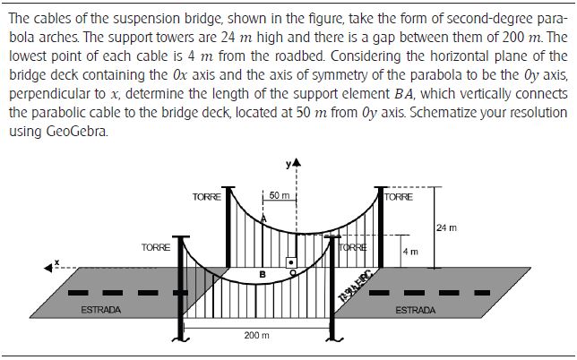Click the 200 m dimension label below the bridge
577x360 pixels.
(256, 334)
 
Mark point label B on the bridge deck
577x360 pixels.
(262, 273)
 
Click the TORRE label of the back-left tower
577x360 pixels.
(207, 196)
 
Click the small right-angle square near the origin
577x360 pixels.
(290, 261)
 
